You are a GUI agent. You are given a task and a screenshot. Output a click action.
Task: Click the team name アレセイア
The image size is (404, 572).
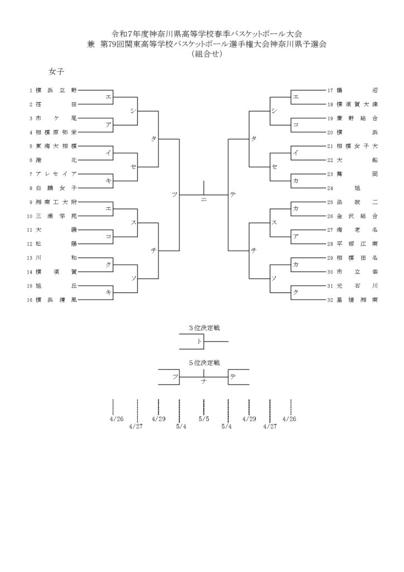[56, 174]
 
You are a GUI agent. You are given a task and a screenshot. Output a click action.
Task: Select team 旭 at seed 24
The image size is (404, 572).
[357, 188]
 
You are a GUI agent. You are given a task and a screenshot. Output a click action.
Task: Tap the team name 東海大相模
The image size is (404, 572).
[56, 146]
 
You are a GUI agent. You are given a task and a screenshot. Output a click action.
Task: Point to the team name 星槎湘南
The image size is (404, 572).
[357, 300]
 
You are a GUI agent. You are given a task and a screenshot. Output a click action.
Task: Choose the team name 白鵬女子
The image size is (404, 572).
[56, 188]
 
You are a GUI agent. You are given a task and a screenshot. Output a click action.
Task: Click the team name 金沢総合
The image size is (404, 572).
[357, 216]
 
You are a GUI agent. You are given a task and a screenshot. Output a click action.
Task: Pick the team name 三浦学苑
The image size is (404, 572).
[56, 216]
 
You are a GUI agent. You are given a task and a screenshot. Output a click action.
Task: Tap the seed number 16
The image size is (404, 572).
[30, 300]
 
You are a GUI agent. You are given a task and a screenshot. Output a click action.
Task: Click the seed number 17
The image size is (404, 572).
[330, 90]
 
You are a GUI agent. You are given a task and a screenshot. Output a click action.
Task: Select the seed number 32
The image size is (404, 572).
[330, 300]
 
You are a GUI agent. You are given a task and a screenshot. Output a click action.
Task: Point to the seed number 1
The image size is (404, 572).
[31, 90]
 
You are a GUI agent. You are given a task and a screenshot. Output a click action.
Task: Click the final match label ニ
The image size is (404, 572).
[204, 199]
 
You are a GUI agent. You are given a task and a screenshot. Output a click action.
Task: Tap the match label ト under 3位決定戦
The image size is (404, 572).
[199, 341]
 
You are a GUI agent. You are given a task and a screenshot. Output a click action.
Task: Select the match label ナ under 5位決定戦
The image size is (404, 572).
[204, 381]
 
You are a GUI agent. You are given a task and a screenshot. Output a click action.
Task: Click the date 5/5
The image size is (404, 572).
[204, 419]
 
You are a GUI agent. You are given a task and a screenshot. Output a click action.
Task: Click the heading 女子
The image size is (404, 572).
[56, 71]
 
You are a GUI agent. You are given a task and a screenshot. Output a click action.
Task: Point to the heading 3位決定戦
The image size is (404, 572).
[204, 328]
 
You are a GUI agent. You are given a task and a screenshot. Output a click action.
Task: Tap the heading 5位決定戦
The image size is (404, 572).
[204, 363]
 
